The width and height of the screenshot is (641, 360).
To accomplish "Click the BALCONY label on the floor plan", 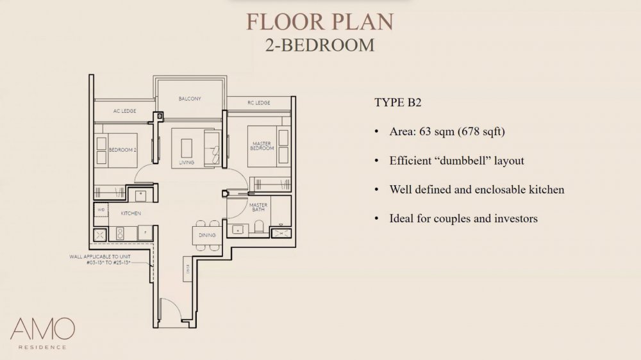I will coord(190,99).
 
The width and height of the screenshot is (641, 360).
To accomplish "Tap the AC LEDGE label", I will coord(124,111).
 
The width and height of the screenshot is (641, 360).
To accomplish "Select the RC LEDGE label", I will coord(258,102).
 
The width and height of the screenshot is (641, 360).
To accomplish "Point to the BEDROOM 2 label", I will coord(123,150).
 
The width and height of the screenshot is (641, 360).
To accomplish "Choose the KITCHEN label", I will coord(130,213).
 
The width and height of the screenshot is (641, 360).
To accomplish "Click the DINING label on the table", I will coord(207,235).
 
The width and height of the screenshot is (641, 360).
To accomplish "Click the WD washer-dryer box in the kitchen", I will coord(101,209).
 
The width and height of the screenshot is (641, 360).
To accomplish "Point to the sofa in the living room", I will coord(212,145).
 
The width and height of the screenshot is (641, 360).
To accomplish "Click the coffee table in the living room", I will coord(186,147).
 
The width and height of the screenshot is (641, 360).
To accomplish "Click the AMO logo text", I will coord(42,329).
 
